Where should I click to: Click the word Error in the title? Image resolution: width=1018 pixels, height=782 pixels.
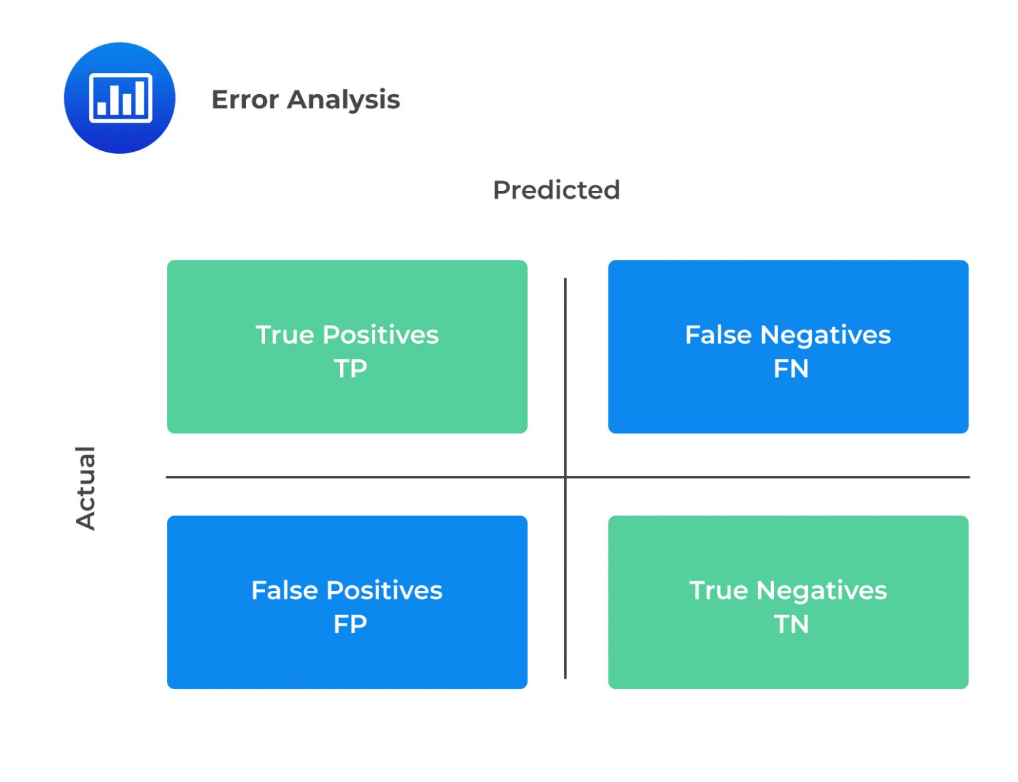coord(245,99)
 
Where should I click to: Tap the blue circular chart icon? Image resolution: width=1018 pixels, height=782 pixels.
coord(119,98)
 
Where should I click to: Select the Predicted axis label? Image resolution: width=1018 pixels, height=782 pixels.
coord(556,190)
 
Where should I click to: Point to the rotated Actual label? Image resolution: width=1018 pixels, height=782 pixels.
coord(85,488)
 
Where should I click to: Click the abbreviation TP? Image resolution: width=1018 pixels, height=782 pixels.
coord(350,368)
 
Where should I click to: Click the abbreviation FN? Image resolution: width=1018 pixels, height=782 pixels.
coord(791,368)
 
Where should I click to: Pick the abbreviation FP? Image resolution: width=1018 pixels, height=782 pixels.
coord(350,624)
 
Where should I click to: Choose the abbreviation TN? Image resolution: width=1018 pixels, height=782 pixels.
coord(791,624)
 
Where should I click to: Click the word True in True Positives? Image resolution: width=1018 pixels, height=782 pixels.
coord(284,335)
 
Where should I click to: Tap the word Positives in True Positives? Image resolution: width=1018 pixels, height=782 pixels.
coord(380,335)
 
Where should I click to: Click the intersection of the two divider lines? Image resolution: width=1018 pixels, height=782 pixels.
coord(565,476)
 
